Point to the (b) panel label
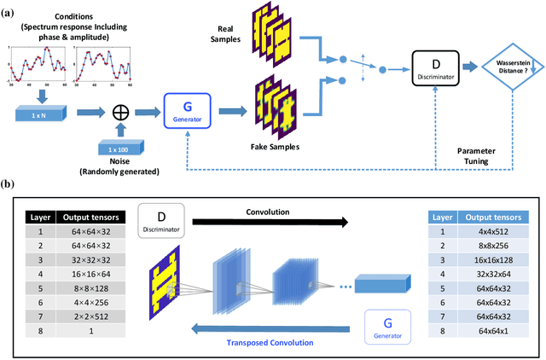[9, 185]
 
